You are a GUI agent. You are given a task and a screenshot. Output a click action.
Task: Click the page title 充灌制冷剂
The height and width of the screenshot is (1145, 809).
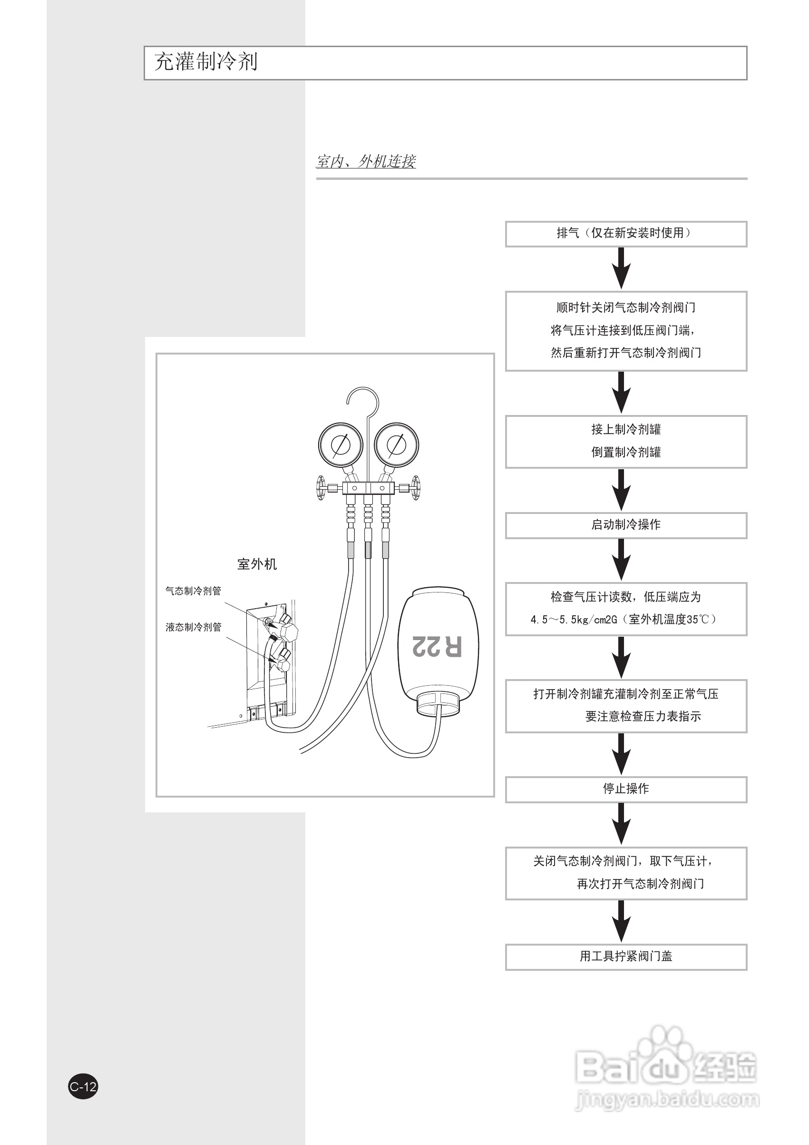206,62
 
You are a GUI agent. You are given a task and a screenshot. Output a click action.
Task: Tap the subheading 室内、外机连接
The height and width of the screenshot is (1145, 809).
366,161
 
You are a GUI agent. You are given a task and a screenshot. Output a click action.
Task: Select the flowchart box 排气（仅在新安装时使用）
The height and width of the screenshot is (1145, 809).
626,234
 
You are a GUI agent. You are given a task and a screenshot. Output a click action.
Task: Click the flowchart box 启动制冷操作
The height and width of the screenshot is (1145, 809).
626,525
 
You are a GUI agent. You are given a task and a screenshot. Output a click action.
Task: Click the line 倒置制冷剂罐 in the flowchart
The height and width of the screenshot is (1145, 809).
626,452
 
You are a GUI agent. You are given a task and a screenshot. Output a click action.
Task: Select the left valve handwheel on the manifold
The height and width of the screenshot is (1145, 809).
320,487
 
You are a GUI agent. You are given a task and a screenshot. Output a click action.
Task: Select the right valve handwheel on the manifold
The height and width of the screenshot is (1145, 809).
415,487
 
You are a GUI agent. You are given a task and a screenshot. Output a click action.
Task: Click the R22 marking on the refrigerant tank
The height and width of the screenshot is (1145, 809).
437,646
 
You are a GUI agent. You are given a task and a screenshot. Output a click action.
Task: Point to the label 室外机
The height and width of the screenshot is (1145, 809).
257,564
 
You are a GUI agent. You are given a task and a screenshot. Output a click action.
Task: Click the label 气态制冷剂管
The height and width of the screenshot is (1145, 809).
194,591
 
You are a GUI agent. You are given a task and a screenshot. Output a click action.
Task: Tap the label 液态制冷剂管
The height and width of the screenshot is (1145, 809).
194,627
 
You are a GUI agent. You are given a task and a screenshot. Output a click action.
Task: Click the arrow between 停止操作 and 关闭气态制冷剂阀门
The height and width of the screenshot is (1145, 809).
621,824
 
